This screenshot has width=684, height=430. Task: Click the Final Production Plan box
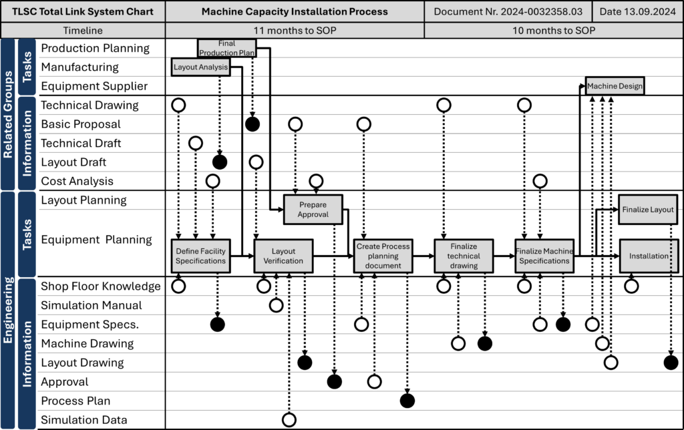[x=227, y=48]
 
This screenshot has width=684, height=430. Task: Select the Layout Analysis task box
[x=200, y=67]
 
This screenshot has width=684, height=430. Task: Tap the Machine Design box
[x=615, y=86]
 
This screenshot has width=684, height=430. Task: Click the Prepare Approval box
[x=313, y=210]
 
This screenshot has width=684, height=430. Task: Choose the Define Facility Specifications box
[x=200, y=256]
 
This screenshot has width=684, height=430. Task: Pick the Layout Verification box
[x=283, y=256]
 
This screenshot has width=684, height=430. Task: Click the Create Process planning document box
[x=383, y=256]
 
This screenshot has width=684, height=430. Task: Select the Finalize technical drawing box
[x=464, y=256]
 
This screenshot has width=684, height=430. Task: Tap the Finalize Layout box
[x=648, y=210]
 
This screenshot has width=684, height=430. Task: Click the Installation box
[x=649, y=256]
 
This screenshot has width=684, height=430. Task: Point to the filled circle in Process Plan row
[x=407, y=401]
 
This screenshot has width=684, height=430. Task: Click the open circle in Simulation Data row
[x=289, y=420]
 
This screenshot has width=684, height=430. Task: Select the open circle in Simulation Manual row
[x=276, y=305]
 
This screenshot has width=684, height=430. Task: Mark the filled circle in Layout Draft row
[x=220, y=162]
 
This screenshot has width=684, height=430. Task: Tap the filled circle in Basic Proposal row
[x=252, y=124]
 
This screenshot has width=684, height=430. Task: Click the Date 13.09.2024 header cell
[x=638, y=12]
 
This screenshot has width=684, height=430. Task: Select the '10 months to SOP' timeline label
[x=554, y=31]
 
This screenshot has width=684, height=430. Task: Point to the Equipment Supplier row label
[x=94, y=86]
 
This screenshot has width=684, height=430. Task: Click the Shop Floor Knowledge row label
[x=101, y=286]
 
